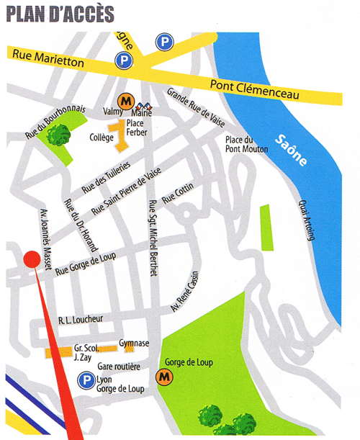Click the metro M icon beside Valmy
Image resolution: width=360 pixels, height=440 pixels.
coord(125,99)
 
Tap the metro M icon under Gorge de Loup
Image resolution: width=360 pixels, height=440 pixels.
coord(166,376)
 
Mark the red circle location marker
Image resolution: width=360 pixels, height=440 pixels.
coord(30,259)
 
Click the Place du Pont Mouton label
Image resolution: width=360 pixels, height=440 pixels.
coord(246,144)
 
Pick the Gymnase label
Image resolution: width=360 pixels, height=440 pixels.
coord(134,344)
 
